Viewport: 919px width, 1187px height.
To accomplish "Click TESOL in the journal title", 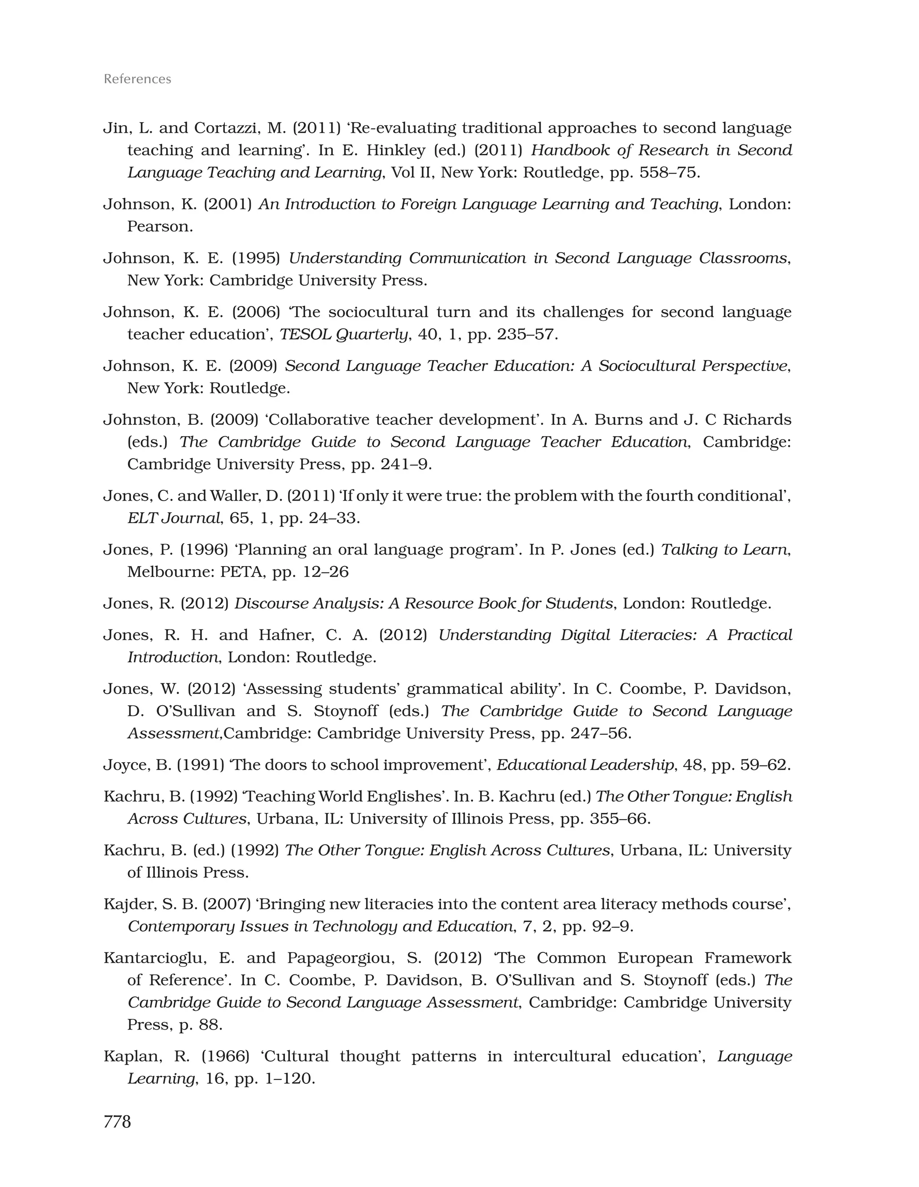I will pos(305,334).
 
